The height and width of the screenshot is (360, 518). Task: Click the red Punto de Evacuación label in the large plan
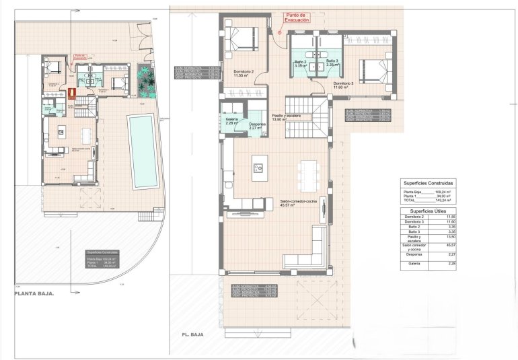point(297,17)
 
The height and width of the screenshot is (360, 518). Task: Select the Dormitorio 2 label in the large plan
point(243,73)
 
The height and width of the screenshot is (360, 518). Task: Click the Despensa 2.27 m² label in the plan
point(258,126)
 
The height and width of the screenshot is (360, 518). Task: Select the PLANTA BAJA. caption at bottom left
point(34,294)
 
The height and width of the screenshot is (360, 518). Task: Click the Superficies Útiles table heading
point(428,211)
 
